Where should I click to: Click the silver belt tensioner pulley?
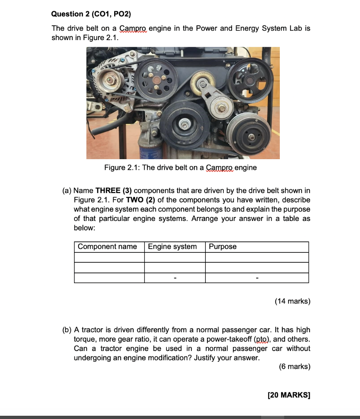(221, 108)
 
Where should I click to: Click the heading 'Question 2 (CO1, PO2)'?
(91, 14)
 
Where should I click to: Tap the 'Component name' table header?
(107, 247)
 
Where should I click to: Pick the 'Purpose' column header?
(223, 247)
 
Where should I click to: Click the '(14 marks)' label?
(292, 302)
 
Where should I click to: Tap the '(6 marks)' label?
(294, 367)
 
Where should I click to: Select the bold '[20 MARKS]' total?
(288, 395)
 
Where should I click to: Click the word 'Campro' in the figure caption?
(220, 168)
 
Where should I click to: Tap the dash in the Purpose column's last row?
(256, 278)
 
